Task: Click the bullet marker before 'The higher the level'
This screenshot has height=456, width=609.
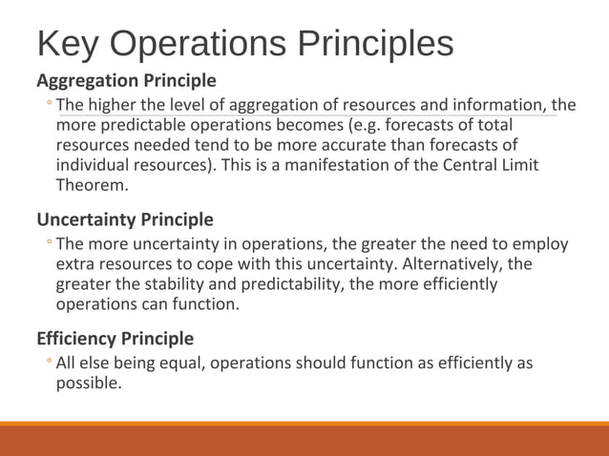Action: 49,105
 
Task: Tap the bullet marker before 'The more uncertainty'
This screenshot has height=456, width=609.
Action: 49,244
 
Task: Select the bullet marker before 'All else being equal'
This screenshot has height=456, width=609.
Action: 49,363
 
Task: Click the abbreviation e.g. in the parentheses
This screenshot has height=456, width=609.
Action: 368,125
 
